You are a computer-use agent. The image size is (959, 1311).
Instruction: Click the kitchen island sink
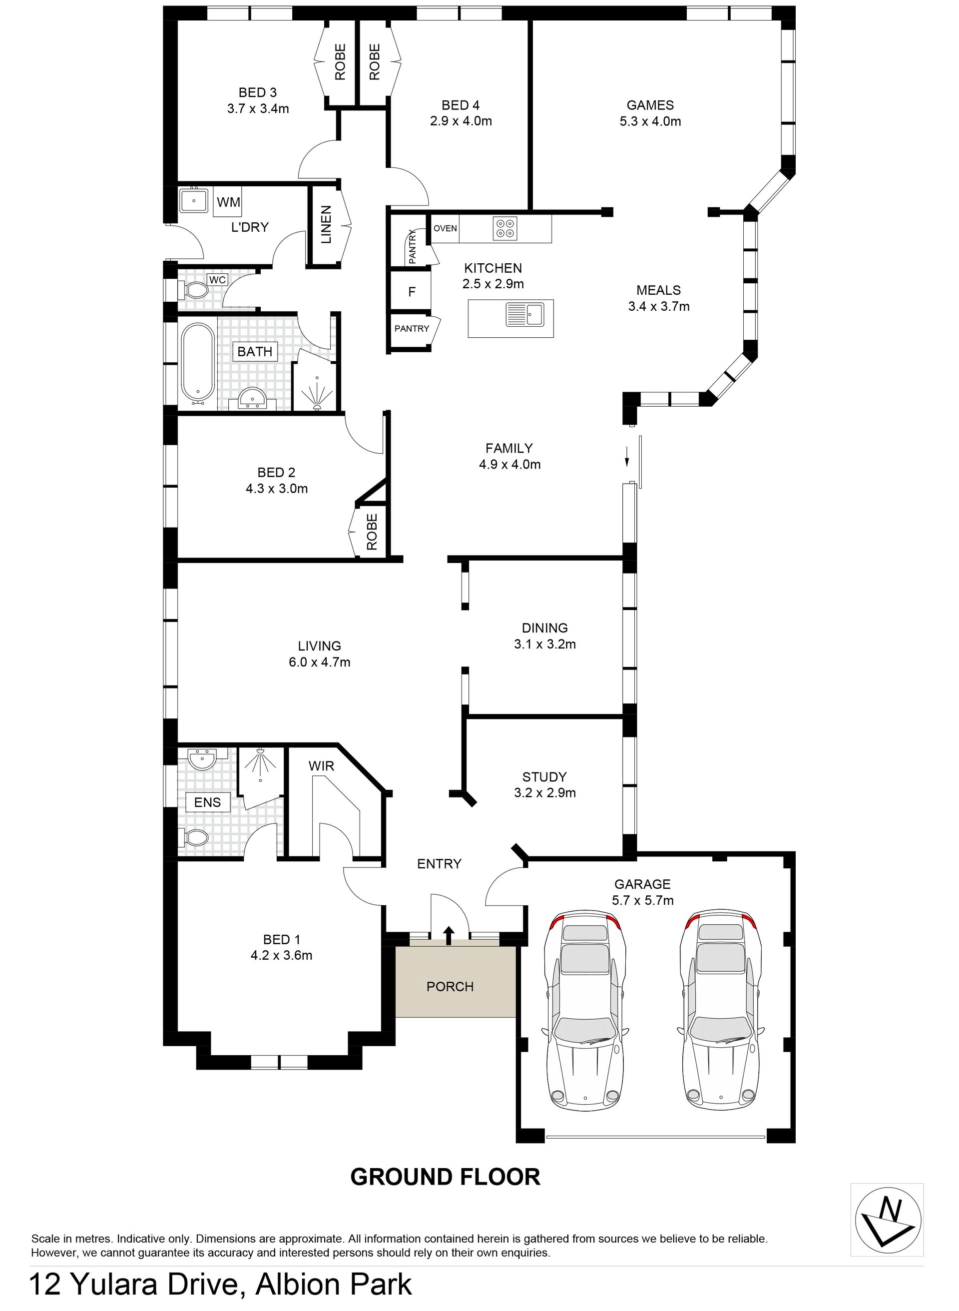pos(523,315)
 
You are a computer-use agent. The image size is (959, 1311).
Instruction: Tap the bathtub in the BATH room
pos(198,363)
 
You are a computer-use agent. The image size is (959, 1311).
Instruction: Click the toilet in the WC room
pos(192,290)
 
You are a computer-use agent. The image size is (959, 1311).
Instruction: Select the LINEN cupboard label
pos(326,225)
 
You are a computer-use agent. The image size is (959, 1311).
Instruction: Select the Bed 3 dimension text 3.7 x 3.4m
pos(258,108)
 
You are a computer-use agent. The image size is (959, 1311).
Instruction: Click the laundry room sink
pos(193,201)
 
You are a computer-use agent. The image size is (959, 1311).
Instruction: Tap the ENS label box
pos(207,802)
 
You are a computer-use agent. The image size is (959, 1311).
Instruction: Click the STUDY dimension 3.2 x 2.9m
pos(544,793)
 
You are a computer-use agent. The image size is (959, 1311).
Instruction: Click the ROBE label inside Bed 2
pos(372,531)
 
